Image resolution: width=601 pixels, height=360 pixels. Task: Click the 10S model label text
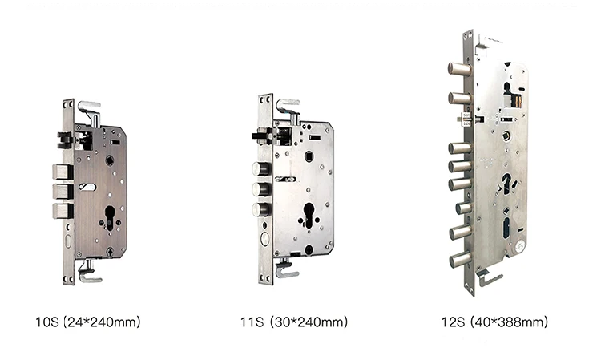coord(46,322)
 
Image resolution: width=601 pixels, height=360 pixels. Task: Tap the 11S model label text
coord(252,322)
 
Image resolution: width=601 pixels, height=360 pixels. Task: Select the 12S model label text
coord(453,322)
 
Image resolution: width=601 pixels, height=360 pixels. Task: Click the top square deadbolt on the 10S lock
coord(62,172)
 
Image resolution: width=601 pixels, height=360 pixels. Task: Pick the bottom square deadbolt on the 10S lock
coord(62,211)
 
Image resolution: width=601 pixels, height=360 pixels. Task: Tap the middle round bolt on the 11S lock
coord(261,189)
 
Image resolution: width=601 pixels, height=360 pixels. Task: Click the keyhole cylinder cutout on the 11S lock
coord(309,215)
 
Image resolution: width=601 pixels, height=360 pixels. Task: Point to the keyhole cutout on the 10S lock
coord(110,218)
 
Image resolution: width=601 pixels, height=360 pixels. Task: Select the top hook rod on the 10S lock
coord(90,112)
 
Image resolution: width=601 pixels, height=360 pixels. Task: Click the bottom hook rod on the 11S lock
coord(286,269)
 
